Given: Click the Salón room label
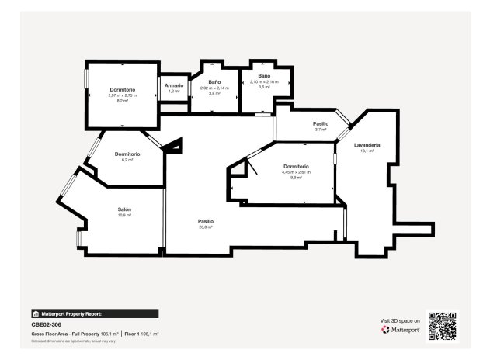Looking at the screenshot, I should coord(124,209).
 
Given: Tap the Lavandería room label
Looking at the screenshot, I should coord(367,145).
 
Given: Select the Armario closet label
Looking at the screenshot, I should coord(174,85).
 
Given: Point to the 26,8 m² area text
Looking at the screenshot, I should coord(206,227).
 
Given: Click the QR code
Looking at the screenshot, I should coord(443,325).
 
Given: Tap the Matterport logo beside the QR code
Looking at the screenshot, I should coord(401,330).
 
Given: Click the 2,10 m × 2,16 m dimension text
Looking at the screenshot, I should coord(264,81).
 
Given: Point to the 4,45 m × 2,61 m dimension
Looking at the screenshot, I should coord(296,172).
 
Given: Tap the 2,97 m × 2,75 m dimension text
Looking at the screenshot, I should coord(123,95).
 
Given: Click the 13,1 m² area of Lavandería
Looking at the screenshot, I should coord(367,151).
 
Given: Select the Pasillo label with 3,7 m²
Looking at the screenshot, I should coord(321,123).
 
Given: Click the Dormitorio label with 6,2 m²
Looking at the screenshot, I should coord(127,154).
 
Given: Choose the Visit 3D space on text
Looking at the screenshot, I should coord(400,320).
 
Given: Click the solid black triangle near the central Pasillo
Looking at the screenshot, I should coord(176,145).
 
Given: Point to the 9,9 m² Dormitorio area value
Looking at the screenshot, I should coord(296,178).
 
